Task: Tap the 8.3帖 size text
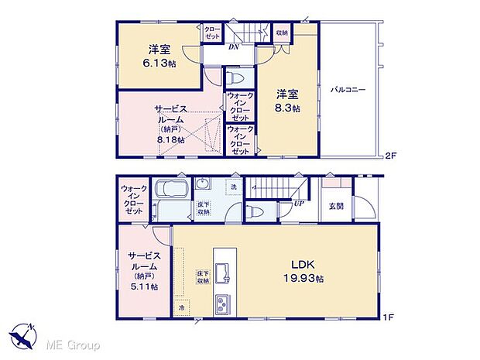289,108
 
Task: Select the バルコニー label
348,91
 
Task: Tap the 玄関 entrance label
337,205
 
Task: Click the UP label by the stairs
297,204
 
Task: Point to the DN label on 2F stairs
233,46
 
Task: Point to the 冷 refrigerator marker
181,307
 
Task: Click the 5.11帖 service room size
144,286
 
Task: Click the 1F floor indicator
390,317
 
